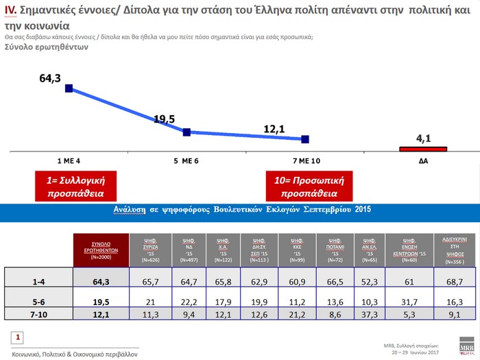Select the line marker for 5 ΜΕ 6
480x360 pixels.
point(187,132)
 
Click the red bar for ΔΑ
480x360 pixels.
point(423,148)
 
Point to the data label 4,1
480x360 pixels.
point(423,138)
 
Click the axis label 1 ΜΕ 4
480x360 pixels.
point(69,160)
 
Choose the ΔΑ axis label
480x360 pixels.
point(424,160)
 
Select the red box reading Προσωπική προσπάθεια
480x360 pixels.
point(303,187)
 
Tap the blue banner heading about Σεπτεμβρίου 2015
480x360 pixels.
point(240,210)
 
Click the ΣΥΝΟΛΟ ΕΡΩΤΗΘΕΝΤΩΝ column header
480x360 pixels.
point(101,250)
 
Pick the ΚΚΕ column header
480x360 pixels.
point(297,250)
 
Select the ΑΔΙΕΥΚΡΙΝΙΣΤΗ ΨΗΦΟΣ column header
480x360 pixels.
point(455,250)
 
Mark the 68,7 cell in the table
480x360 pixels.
point(455,280)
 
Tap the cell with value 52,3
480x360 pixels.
point(370,280)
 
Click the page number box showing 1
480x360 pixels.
point(19,337)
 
